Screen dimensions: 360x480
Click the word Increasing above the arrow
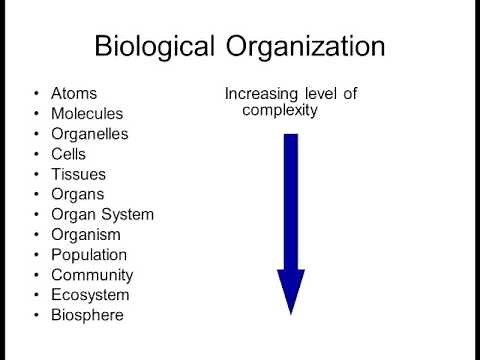[x=262, y=94]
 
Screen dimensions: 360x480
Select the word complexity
[x=280, y=111]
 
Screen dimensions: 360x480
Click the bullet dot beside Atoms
[x=37, y=95]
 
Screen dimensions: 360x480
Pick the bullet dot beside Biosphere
[x=37, y=315]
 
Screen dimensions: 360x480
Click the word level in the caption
[x=321, y=94]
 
